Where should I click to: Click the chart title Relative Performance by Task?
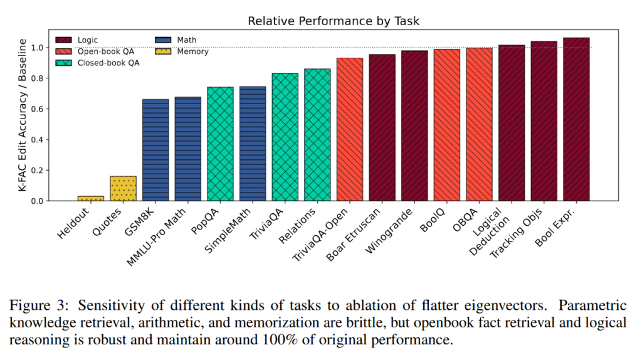(333, 21)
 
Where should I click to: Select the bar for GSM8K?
(155, 150)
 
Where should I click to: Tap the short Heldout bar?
(91, 198)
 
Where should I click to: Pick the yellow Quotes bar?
(123, 188)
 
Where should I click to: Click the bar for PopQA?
(220, 144)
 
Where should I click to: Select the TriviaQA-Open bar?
(349, 129)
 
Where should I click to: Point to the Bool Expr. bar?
(576, 119)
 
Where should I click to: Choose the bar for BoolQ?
(446, 125)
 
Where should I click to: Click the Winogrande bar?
(414, 125)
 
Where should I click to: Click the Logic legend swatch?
(64, 40)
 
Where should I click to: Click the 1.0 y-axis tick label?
(38, 48)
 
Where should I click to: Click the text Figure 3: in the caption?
(39, 306)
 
